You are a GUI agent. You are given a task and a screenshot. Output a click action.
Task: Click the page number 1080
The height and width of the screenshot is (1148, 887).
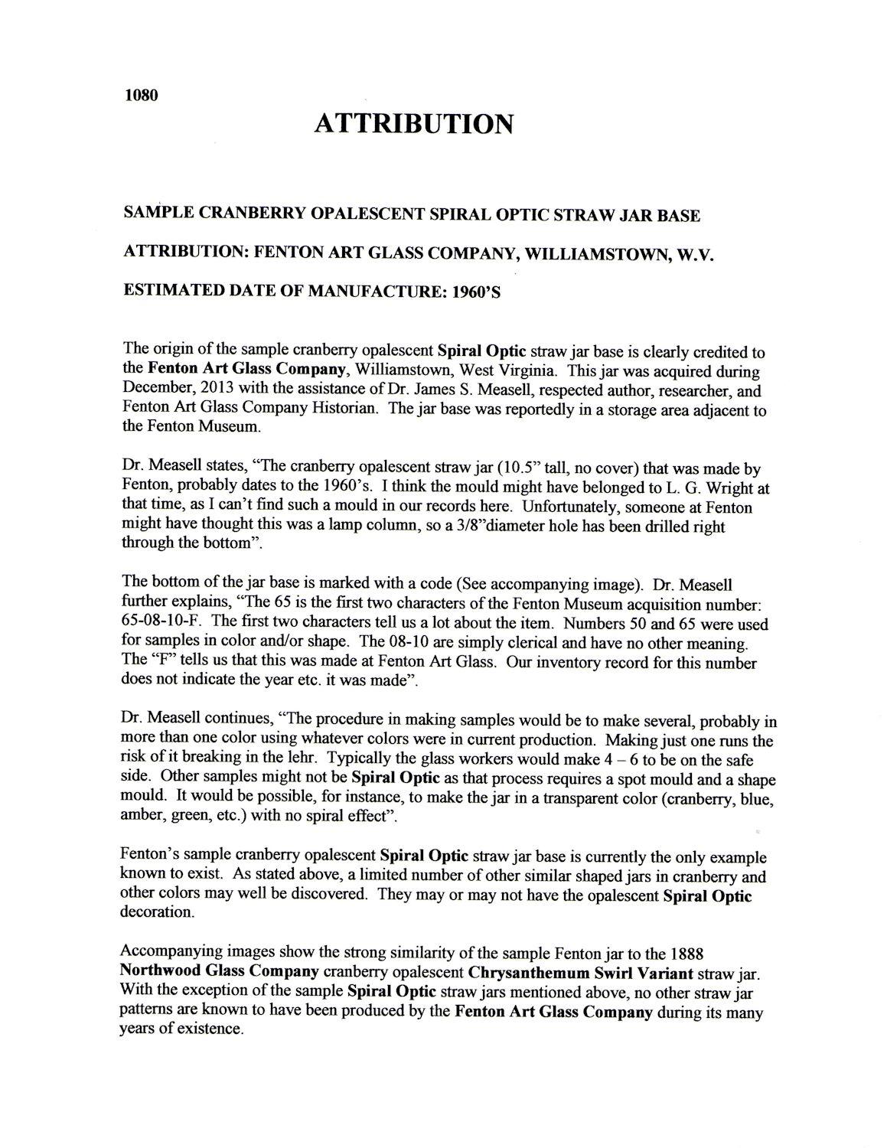point(140,96)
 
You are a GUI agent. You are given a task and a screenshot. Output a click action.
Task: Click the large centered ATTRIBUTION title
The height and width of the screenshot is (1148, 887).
point(413,123)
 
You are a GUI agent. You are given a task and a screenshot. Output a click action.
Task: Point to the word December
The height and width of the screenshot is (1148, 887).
point(155,391)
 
